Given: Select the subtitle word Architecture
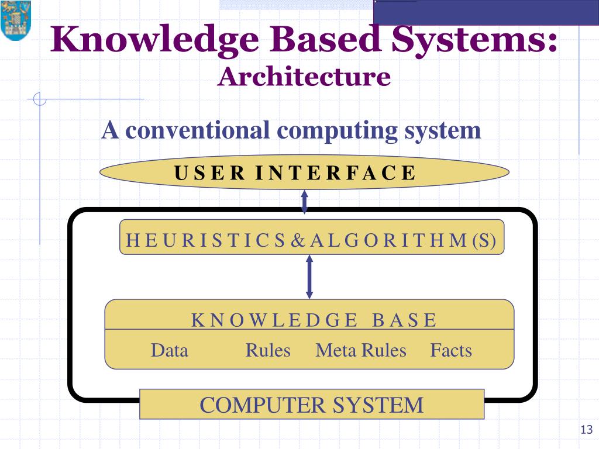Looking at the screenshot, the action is coord(304,77).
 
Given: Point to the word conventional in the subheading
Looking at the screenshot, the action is coord(199,130).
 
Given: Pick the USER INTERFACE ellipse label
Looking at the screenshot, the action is coord(295,173).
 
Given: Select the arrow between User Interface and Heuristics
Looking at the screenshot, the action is coord(304,202).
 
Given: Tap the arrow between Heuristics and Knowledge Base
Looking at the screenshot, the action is coord(309,277).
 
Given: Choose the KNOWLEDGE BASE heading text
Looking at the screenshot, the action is coord(314,320).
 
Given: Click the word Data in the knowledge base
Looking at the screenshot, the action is coord(170,350).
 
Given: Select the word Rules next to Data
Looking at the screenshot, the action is coord(268,350).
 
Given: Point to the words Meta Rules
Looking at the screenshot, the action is coord(360,350).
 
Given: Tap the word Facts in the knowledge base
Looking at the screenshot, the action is coord(451,350).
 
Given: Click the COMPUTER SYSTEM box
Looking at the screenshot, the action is coord(311,405).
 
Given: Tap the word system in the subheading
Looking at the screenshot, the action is coord(442,130).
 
